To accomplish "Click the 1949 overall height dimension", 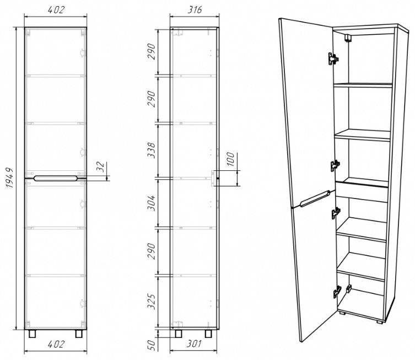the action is click(x=9, y=178).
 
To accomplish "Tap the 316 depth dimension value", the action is click(x=195, y=9).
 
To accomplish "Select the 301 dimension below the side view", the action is click(x=194, y=344).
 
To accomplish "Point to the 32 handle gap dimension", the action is click(x=100, y=167).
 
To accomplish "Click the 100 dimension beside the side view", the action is click(x=230, y=159).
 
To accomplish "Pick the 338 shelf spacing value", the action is click(x=152, y=151).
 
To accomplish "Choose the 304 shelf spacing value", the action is click(x=152, y=203).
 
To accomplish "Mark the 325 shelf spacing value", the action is click(x=152, y=302).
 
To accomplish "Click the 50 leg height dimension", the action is click(x=152, y=346).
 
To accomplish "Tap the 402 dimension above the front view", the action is click(x=56, y=9).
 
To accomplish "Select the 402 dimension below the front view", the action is click(x=56, y=344).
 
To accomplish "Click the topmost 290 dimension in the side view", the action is click(x=152, y=52).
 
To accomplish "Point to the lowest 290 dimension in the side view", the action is click(x=152, y=251).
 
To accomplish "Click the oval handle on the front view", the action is click(x=56, y=179).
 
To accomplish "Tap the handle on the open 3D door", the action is click(x=315, y=198).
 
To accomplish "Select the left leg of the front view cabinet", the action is click(x=33, y=334).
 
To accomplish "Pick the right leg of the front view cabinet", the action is click(x=79, y=334).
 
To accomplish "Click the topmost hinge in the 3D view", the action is click(x=333, y=58).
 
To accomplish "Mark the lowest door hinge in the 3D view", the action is click(x=337, y=292).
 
